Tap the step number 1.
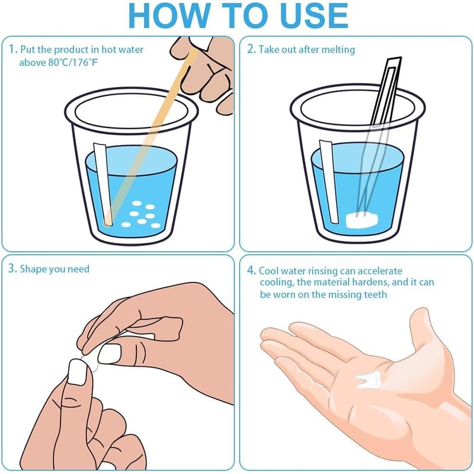(12, 49)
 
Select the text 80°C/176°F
(73, 62)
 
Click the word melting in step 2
(338, 50)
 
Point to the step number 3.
(11, 268)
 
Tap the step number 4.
(251, 270)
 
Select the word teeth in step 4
(375, 294)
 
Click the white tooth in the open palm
(367, 379)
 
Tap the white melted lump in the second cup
(362, 220)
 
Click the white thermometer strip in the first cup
(103, 184)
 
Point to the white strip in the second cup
(329, 181)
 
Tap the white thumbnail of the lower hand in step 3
(78, 372)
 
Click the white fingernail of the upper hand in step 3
(110, 354)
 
